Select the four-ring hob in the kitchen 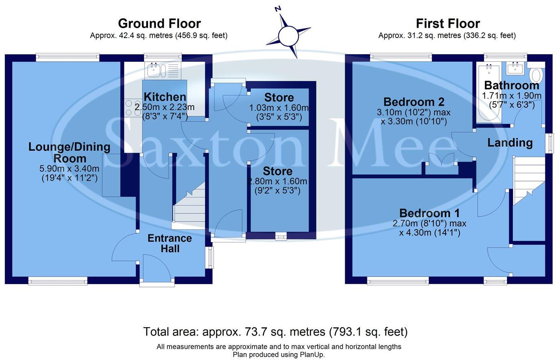point(133,108)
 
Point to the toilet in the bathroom point(536,75)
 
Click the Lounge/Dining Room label point(69,153)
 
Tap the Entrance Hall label point(170,243)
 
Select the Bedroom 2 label point(413,102)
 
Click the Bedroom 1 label point(429,213)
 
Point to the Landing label point(510,142)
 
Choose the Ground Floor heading point(159,23)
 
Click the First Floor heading point(448,23)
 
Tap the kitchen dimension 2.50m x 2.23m point(164,108)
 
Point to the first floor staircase point(529,181)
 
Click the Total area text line point(275,332)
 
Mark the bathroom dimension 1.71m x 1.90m point(511,96)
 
